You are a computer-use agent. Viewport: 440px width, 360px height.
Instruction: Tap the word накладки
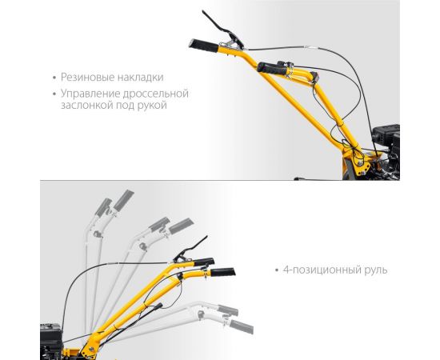tap(138, 78)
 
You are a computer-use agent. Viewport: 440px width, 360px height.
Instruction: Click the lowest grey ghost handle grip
tap(241, 327)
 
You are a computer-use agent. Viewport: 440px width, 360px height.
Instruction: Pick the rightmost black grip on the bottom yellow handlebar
tap(224, 273)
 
